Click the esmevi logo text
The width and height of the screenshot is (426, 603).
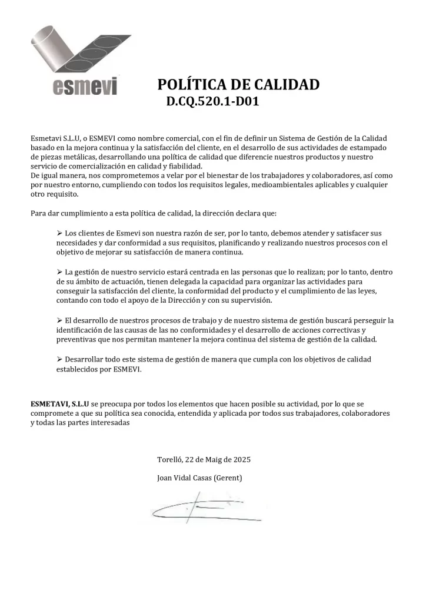(x=85, y=87)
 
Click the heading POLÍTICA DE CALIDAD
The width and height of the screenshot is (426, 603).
(x=238, y=85)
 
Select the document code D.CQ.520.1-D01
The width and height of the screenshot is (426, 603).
(x=213, y=102)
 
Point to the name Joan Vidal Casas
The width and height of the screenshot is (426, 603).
(x=183, y=478)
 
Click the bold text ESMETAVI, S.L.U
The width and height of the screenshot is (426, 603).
(x=60, y=405)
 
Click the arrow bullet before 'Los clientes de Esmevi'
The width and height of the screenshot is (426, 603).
(x=59, y=234)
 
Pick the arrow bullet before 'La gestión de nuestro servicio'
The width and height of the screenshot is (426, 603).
(x=59, y=272)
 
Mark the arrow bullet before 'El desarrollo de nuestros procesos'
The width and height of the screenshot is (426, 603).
(x=59, y=320)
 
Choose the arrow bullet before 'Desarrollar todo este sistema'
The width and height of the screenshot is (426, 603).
(x=59, y=359)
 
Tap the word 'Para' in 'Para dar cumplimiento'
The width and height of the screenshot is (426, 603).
(x=38, y=213)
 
